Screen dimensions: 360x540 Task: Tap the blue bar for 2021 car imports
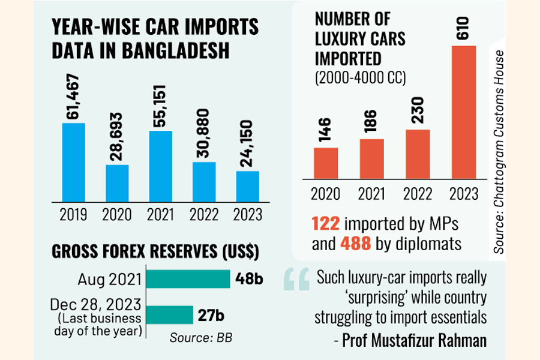point(160,166)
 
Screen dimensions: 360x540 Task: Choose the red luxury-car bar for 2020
point(326,164)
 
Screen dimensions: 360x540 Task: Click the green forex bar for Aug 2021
point(188,278)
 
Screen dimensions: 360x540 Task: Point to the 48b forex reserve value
point(245,278)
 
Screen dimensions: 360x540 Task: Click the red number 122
point(326,223)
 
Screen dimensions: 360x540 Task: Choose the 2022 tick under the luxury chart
point(417,194)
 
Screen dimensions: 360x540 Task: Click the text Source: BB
point(201,337)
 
